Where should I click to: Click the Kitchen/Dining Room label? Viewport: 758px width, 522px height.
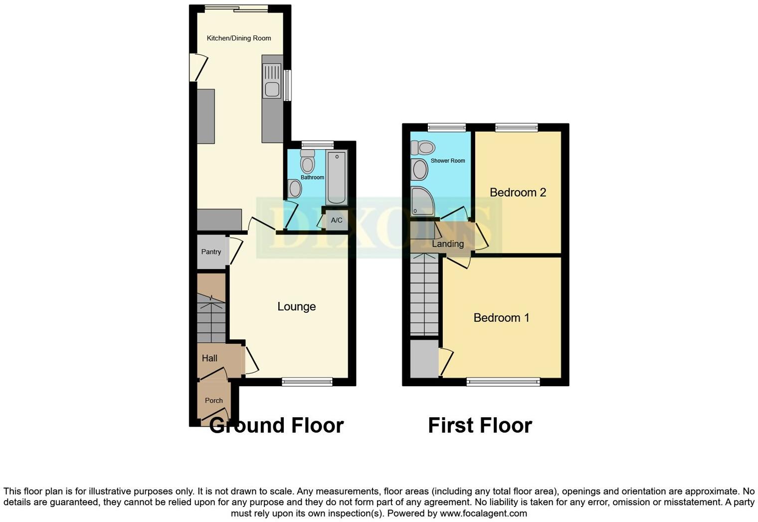(239, 38)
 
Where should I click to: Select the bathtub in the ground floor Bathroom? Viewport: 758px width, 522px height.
(337, 178)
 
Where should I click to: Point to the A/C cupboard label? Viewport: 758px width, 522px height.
(337, 220)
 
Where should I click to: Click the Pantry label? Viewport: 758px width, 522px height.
(211, 252)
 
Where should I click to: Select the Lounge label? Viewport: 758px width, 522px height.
(297, 306)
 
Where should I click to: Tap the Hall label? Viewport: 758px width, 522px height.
(209, 358)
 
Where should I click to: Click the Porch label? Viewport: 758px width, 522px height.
(214, 400)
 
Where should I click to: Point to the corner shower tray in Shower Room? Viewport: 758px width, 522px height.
(422, 202)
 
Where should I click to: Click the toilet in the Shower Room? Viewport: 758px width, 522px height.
(423, 148)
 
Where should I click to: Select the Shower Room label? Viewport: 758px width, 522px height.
(448, 161)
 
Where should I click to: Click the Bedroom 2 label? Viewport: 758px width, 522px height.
(518, 193)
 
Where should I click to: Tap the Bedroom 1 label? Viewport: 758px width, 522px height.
(501, 318)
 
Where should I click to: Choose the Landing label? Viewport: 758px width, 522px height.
(448, 244)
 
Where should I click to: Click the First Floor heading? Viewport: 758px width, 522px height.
(480, 426)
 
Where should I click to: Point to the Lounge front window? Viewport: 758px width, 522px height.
(307, 382)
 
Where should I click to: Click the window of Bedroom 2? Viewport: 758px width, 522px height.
(516, 128)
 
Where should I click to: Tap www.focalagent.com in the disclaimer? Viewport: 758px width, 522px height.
(482, 514)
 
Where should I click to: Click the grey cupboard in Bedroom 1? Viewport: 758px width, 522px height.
(424, 359)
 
